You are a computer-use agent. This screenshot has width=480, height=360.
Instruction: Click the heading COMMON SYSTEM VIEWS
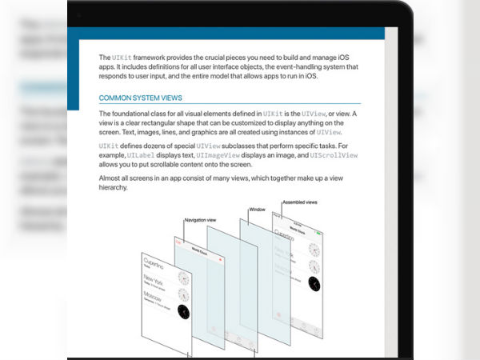coord(140,98)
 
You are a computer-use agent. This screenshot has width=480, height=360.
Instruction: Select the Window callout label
coord(256,210)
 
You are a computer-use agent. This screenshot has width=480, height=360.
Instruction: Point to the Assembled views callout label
coord(299,203)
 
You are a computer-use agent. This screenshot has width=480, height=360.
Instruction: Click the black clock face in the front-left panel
coord(184,312)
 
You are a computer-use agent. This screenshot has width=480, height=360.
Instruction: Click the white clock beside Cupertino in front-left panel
coord(183,278)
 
